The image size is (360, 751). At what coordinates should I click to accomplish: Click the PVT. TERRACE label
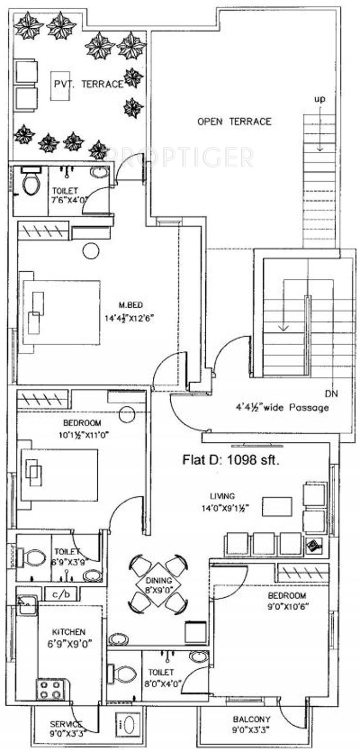pos(88,84)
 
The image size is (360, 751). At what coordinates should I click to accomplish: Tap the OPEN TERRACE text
pos(234,121)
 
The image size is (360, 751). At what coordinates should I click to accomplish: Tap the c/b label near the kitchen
pos(62,595)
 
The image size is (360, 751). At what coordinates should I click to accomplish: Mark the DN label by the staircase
pos(331,394)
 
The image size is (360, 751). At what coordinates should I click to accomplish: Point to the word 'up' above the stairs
pos(320,99)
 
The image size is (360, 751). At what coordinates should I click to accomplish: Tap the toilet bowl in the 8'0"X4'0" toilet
pos(123,674)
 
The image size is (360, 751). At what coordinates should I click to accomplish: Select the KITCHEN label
pos(68,632)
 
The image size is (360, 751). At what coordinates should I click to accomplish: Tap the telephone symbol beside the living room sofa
pos(314,545)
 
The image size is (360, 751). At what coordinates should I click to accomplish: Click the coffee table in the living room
pos(277,506)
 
